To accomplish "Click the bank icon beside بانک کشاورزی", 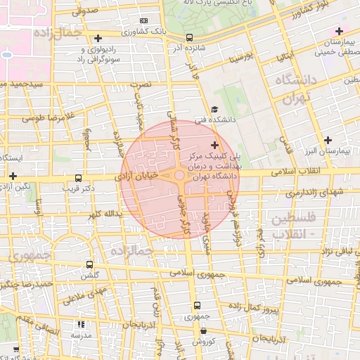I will click(x=144, y=21).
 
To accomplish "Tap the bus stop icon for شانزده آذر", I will click(x=189, y=37).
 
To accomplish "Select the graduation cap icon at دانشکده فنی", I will click(x=214, y=109).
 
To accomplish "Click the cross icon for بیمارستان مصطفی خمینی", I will click(x=340, y=31).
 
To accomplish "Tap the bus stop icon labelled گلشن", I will click(x=89, y=265).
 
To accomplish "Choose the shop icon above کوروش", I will click(x=197, y=330).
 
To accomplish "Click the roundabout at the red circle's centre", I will click(x=180, y=176).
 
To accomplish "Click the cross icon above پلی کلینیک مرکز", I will click(x=214, y=145).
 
